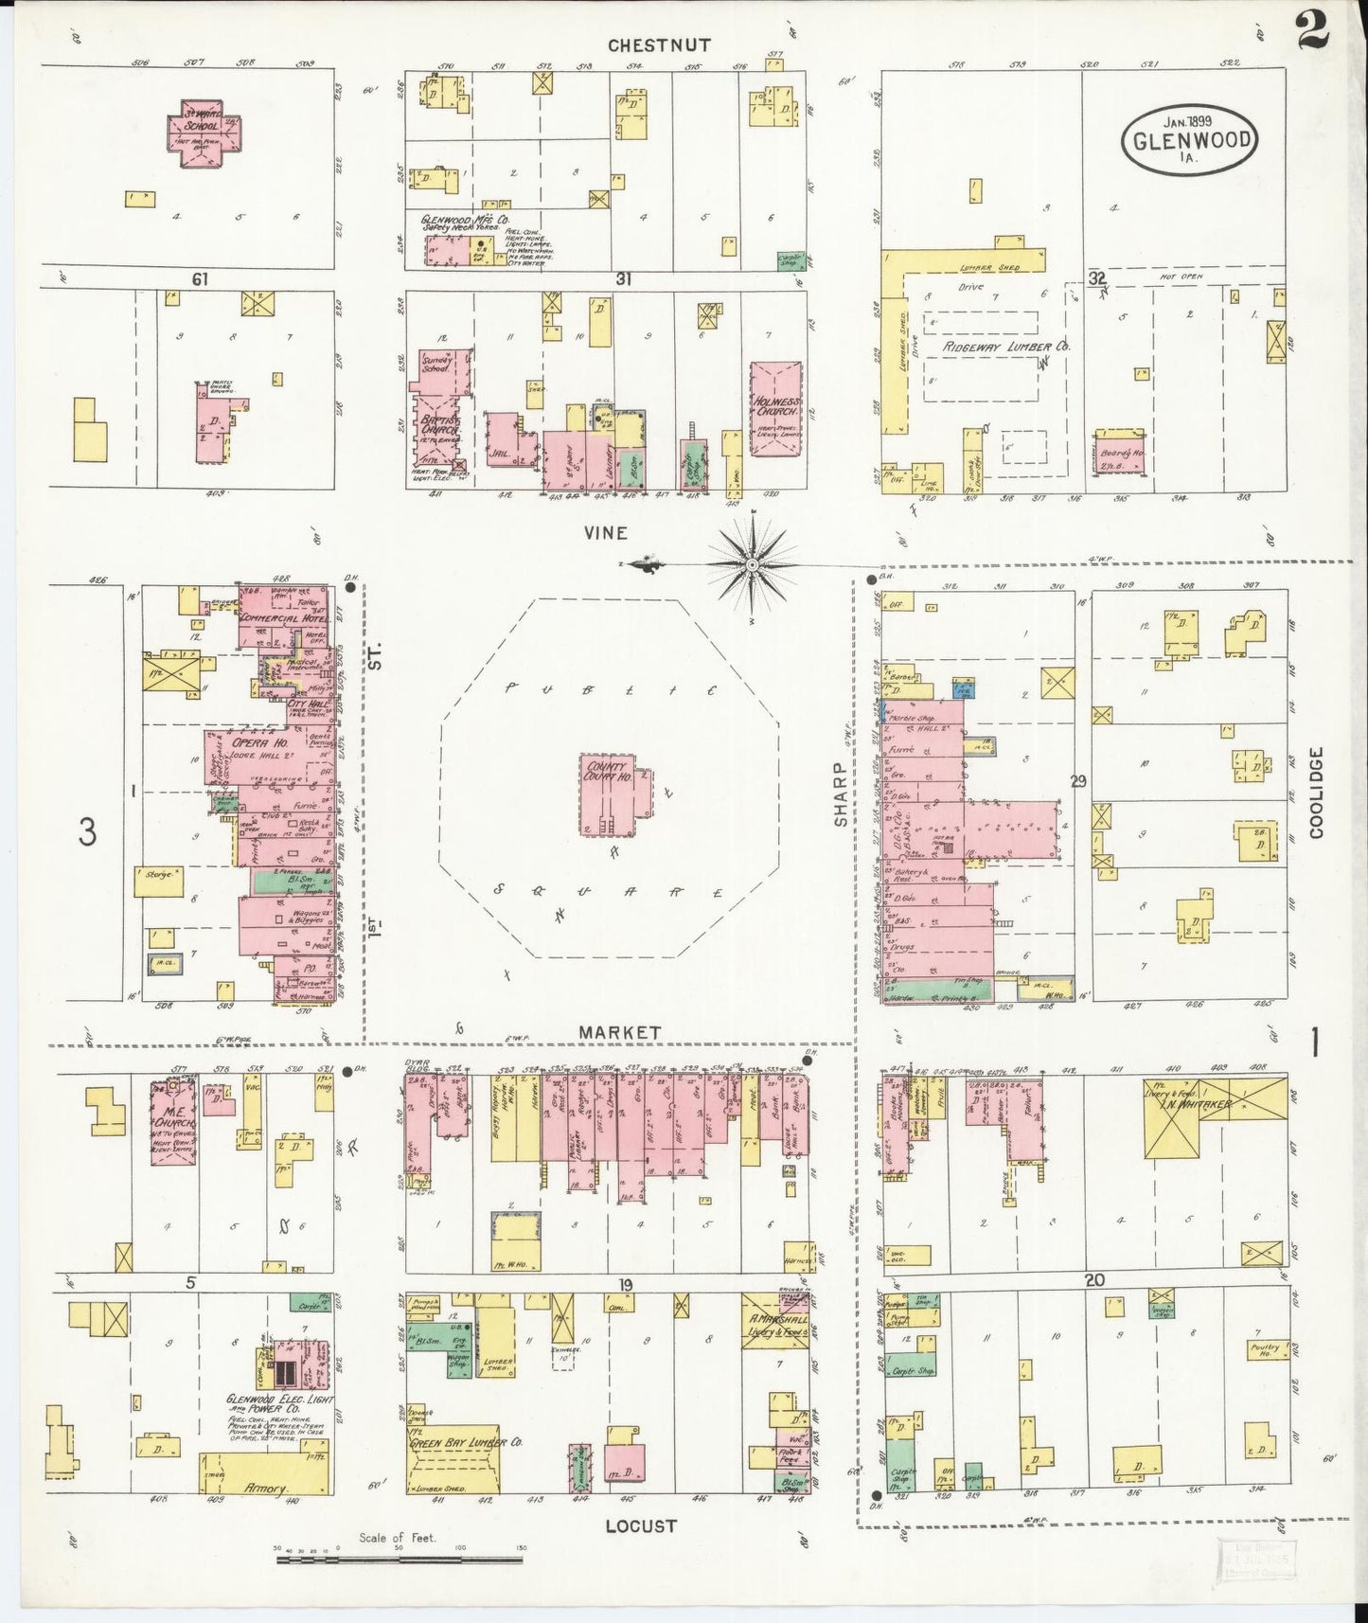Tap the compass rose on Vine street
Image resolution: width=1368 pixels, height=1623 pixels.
(752, 565)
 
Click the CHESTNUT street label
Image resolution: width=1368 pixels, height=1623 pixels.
(646, 45)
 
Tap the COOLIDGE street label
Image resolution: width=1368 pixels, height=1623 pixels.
(1315, 792)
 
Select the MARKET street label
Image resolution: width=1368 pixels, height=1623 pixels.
(620, 1033)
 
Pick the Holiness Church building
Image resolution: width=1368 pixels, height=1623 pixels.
(775, 408)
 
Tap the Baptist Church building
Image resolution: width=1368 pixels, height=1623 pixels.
(437, 423)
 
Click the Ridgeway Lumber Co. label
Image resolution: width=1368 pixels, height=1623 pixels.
(1005, 347)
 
